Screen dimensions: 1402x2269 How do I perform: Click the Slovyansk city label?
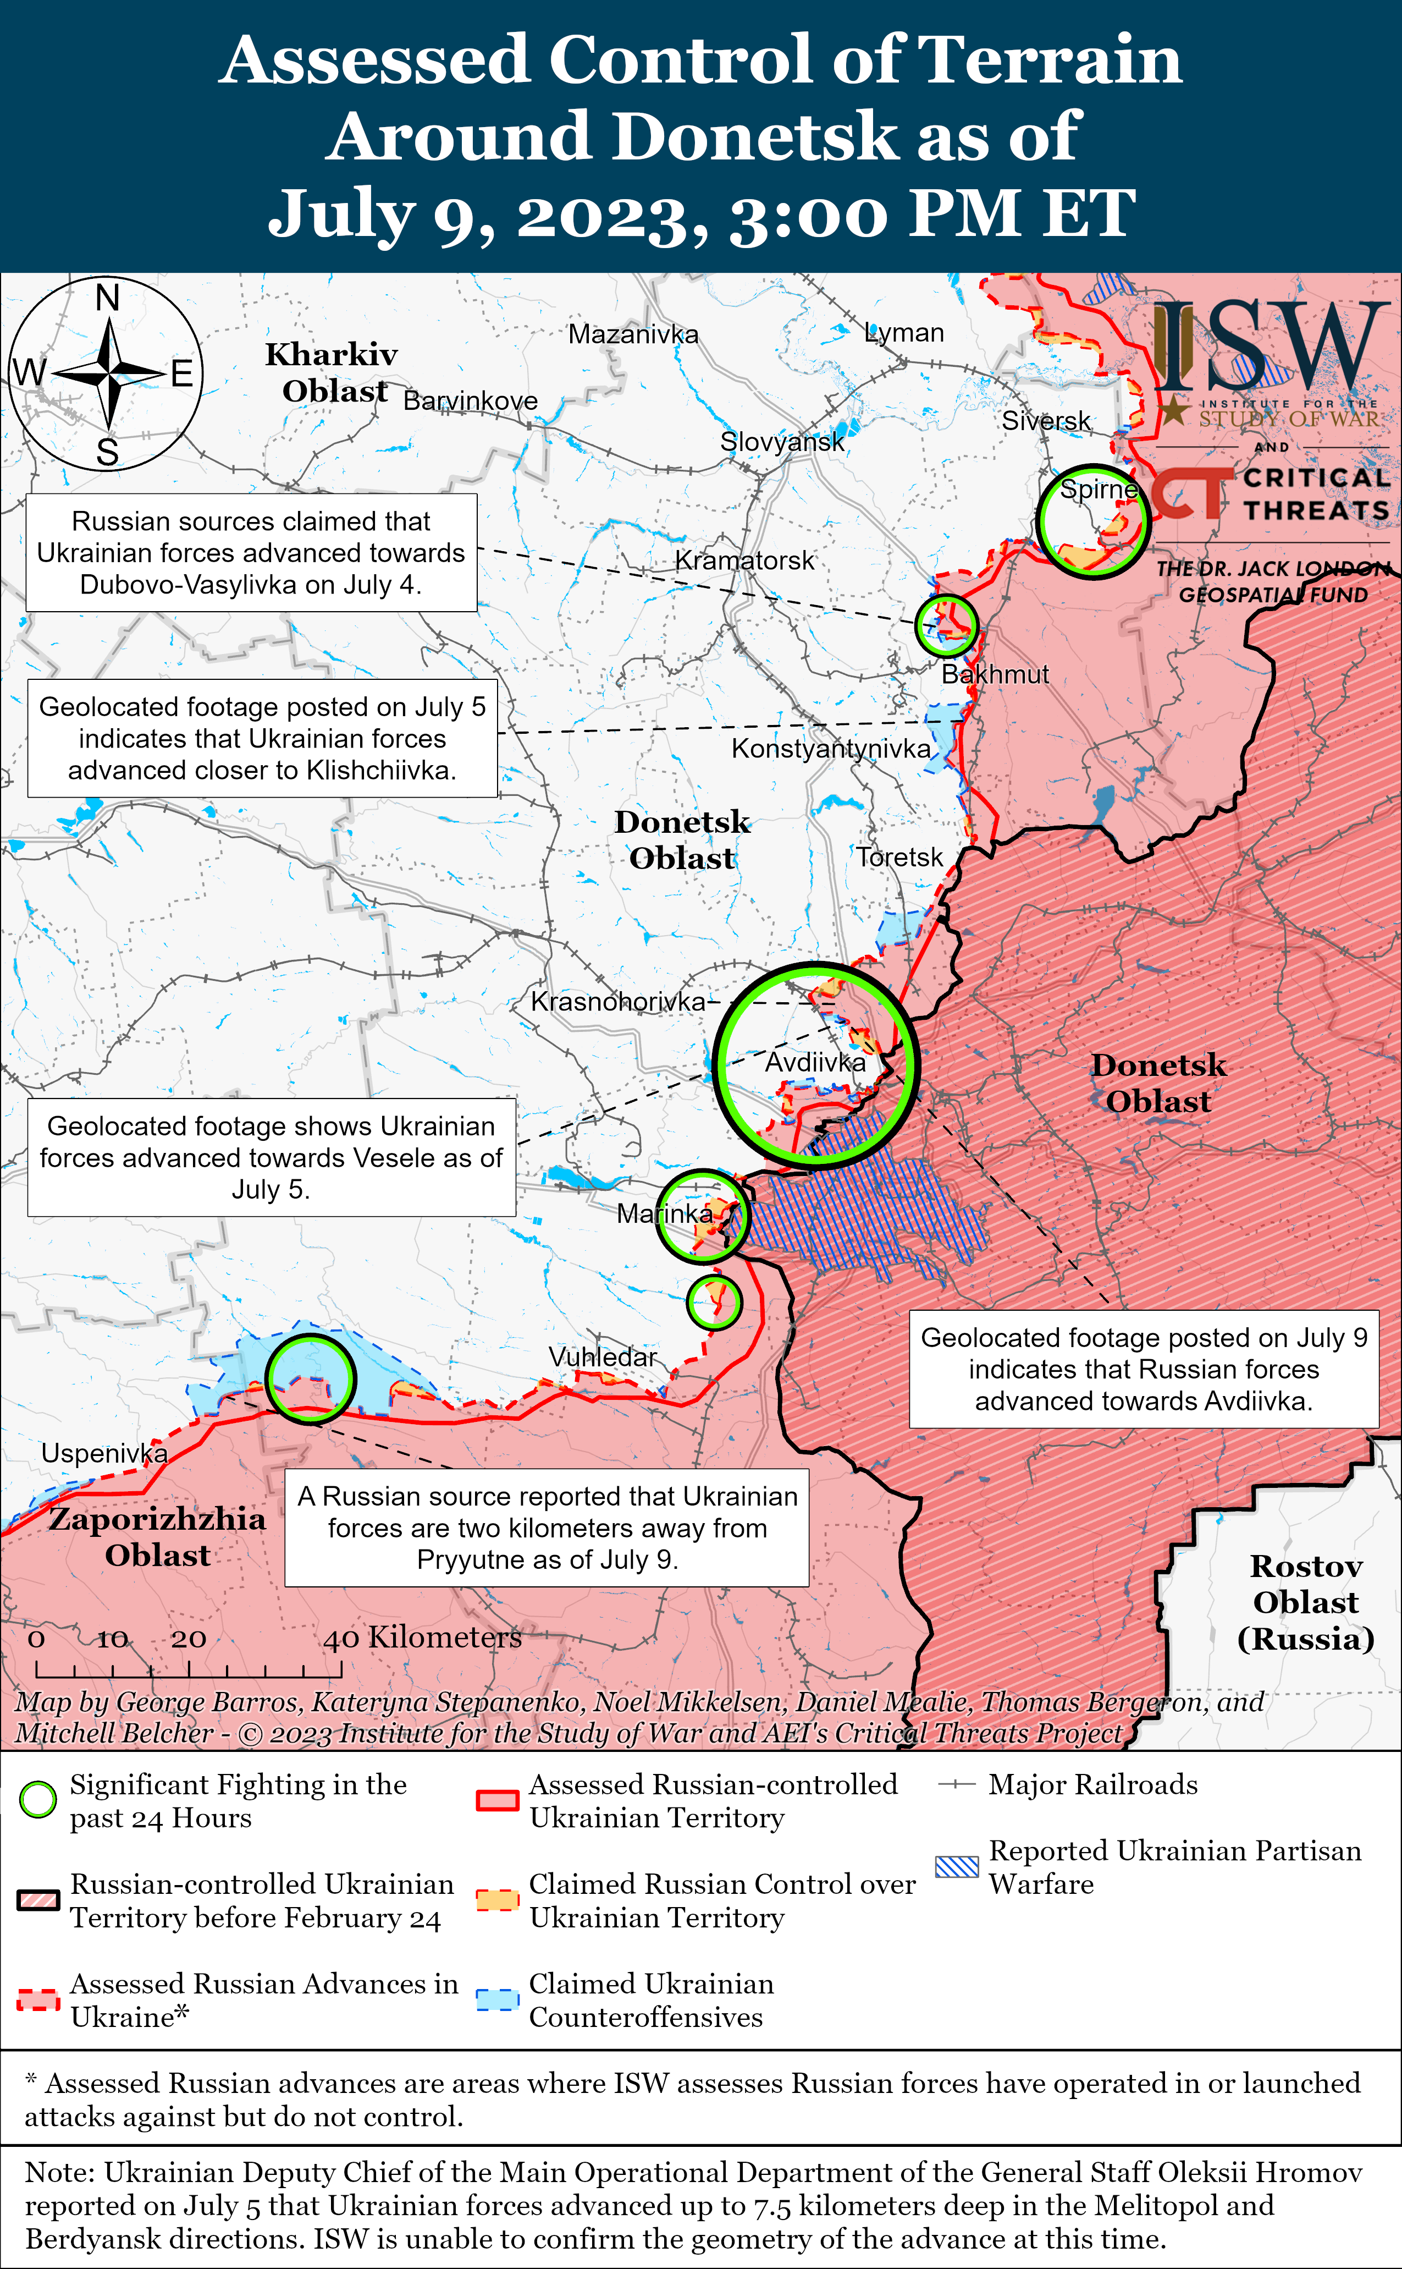point(782,442)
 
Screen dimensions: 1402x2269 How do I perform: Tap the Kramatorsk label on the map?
point(744,561)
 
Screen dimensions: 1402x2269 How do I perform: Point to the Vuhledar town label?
point(602,1356)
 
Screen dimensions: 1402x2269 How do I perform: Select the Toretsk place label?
point(898,856)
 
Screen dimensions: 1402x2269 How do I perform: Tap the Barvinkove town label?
point(470,401)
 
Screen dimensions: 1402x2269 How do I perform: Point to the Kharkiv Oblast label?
point(332,372)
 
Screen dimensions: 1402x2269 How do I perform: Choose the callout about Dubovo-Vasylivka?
point(251,553)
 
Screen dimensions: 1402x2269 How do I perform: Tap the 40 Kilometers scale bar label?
point(422,1638)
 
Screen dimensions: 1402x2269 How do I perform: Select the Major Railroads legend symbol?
point(957,1784)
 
